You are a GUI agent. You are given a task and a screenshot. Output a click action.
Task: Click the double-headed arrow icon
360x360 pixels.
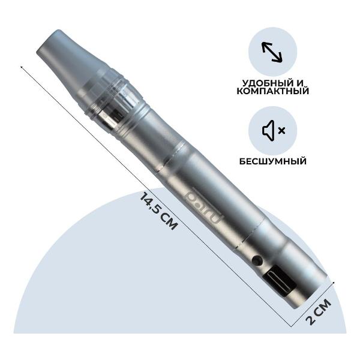[x=272, y=52]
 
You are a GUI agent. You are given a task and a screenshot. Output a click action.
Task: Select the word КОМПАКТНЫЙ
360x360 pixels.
[x=272, y=92]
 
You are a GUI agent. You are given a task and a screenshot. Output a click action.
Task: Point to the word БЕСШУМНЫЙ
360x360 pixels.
[x=272, y=161]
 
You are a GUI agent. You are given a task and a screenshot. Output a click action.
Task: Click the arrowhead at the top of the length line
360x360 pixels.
[x=22, y=67]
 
